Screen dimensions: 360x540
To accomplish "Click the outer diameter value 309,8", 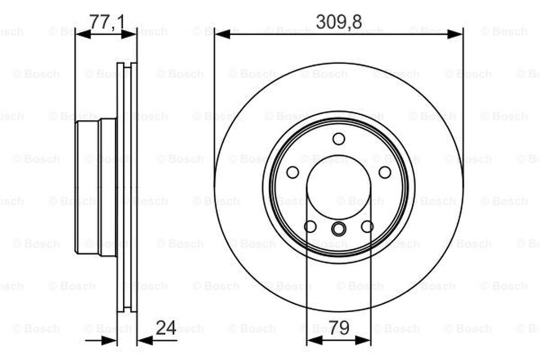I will point(339,22).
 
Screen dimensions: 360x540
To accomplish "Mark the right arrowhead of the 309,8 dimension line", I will point(455,34).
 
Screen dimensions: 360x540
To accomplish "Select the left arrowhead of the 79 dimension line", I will point(313,340).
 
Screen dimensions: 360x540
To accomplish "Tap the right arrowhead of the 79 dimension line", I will point(364,340).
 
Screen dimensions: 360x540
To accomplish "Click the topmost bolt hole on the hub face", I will point(339,139).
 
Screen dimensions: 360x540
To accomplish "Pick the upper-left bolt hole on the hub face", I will point(292,172).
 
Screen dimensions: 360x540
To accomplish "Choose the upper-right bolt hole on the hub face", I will point(385,172).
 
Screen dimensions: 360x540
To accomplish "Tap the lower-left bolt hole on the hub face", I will point(310,226).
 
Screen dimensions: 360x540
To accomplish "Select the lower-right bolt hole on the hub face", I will point(367,226).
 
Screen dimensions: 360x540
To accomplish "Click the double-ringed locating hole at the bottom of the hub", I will point(338,229).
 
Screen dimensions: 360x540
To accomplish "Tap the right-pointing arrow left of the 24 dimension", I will point(109,340).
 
